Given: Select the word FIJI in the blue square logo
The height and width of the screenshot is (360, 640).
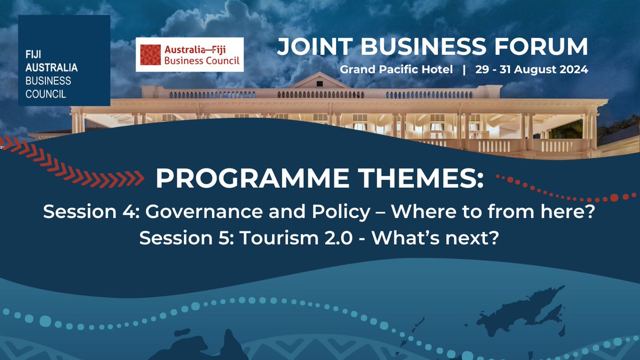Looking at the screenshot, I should pyautogui.click(x=33, y=56).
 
